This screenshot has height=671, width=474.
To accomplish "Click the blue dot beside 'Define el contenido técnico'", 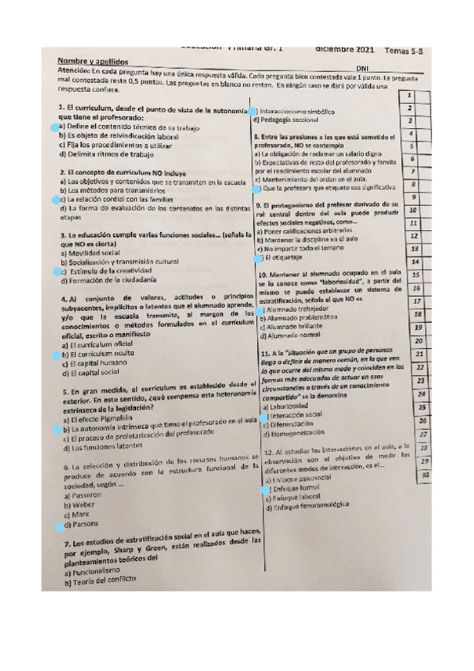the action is click(x=54, y=127).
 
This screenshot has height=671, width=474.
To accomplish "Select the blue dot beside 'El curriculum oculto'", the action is click(x=54, y=355).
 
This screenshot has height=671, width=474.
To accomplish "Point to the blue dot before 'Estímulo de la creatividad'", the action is click(x=54, y=271).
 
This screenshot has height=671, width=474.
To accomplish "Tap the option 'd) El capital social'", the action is click(x=89, y=373).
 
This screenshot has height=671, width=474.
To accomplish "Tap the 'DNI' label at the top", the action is click(x=363, y=67).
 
